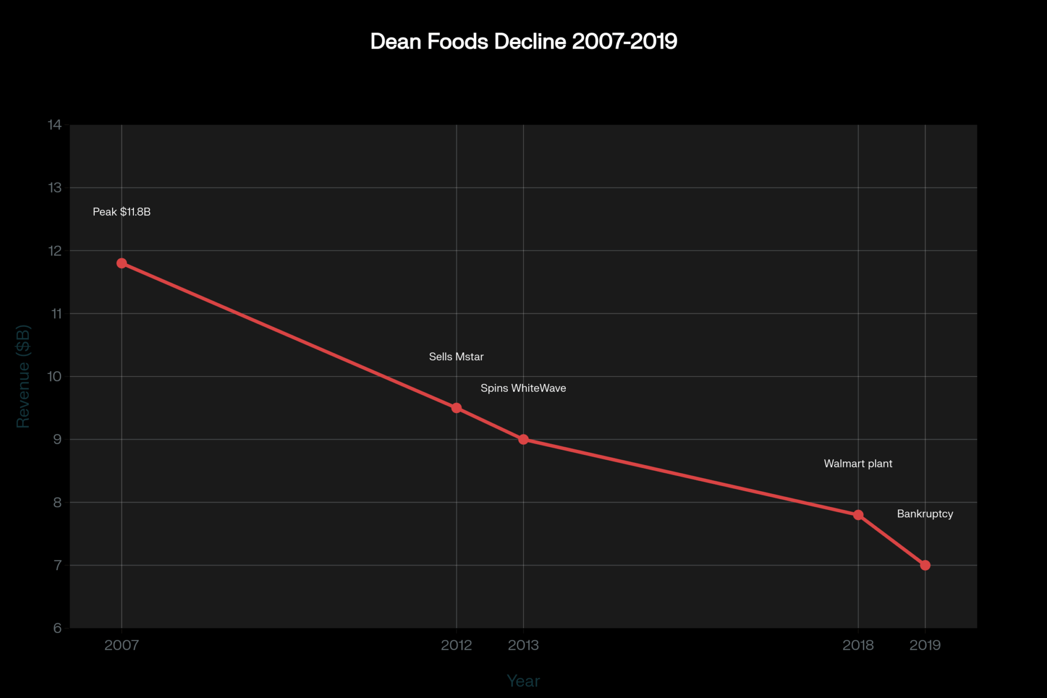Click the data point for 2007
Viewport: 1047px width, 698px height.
tap(121, 263)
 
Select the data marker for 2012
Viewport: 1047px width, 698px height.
tap(456, 408)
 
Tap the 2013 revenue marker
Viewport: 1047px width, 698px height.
tap(523, 439)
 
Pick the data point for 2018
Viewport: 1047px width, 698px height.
tap(858, 515)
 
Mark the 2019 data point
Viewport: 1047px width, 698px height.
tap(925, 565)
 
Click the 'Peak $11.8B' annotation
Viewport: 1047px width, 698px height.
tap(121, 212)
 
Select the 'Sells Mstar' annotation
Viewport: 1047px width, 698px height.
tap(456, 357)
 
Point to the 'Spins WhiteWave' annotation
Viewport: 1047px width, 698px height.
tap(523, 388)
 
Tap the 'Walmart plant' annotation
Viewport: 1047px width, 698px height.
tap(858, 463)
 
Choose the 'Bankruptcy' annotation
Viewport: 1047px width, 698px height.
tap(925, 514)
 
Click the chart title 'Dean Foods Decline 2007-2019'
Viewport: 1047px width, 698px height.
tap(523, 41)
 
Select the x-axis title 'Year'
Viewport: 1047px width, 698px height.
tap(523, 681)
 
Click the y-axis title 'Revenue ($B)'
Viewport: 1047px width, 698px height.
tap(24, 376)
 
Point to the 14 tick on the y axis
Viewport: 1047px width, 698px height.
tap(54, 125)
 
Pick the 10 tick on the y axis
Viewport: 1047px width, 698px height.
tap(54, 376)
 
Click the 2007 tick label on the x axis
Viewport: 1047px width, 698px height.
tap(121, 645)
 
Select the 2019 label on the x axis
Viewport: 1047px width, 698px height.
tap(925, 645)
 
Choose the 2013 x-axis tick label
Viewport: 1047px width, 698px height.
tap(523, 645)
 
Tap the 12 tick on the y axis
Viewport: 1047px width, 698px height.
tap(54, 251)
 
